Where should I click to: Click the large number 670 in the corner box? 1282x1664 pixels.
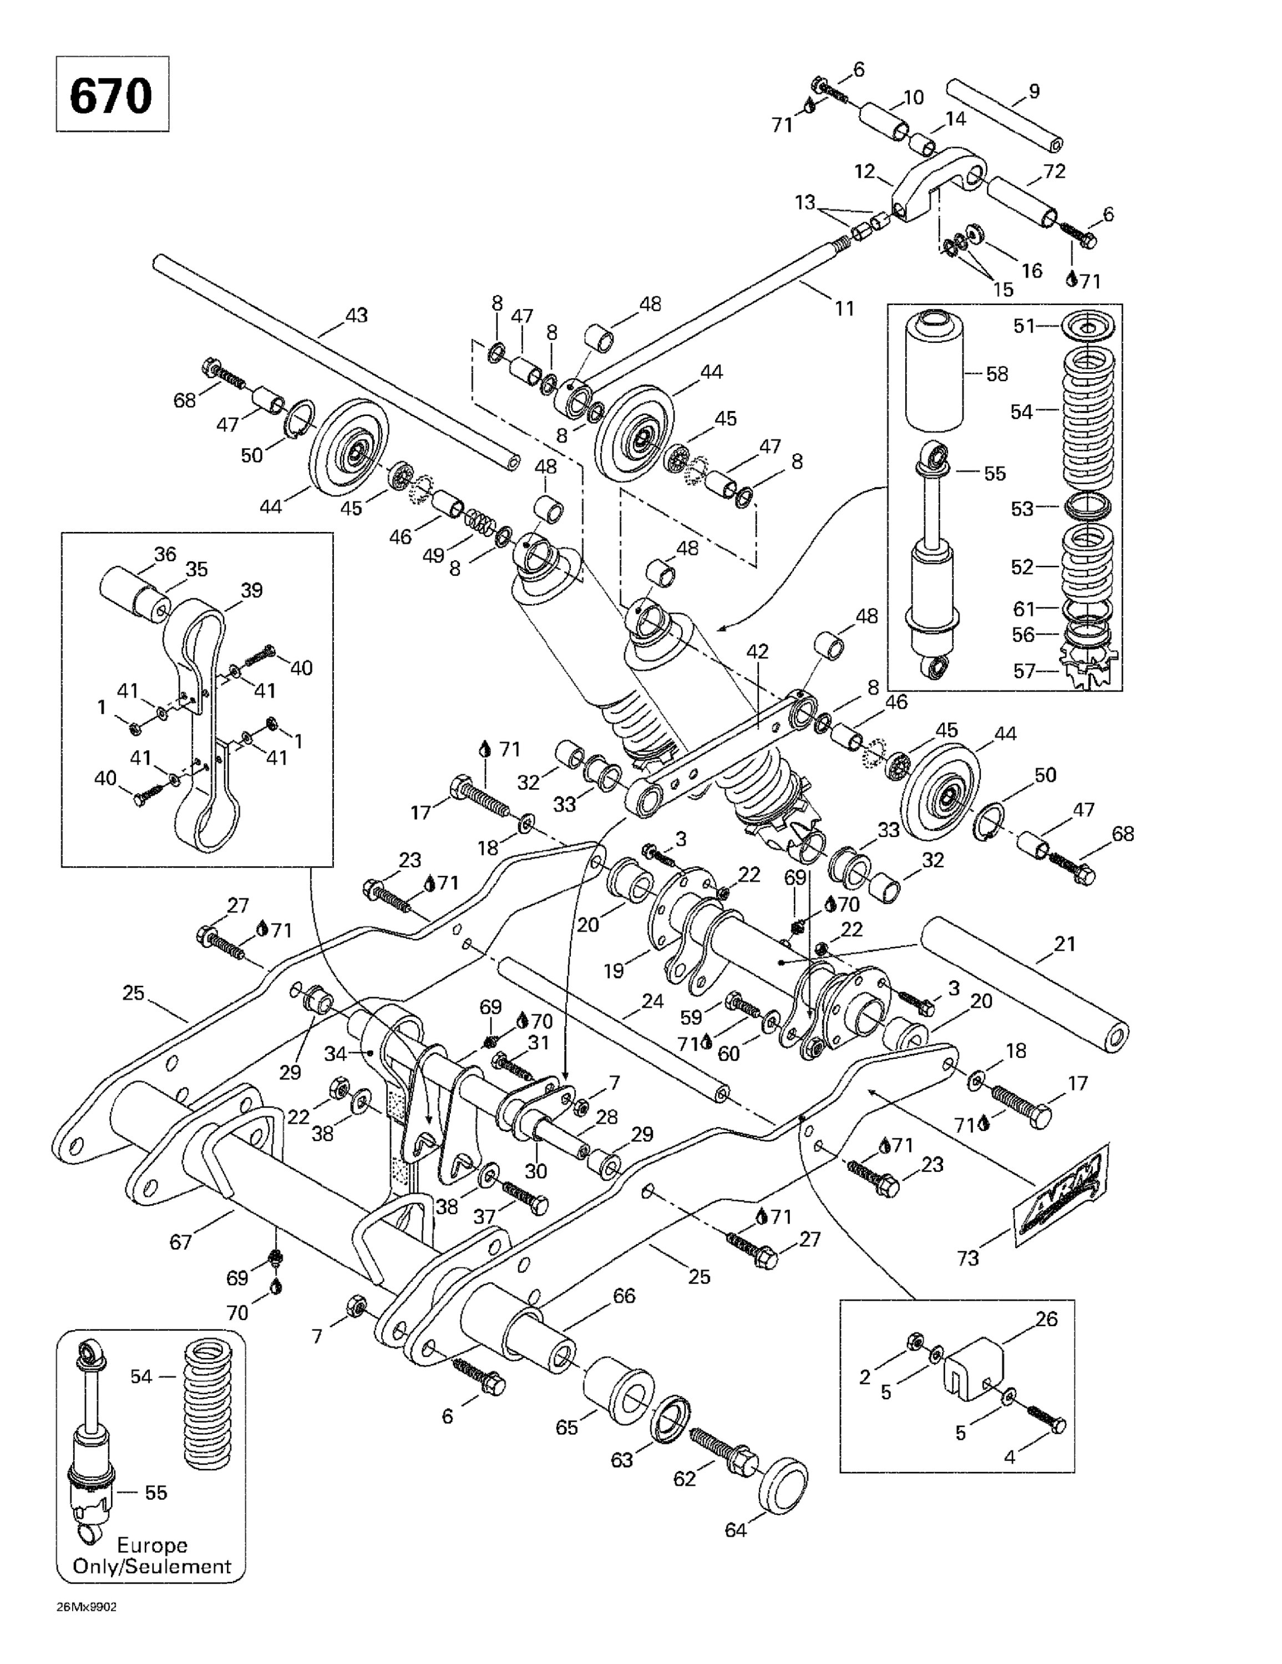(112, 95)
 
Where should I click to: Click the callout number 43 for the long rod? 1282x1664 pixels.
(356, 314)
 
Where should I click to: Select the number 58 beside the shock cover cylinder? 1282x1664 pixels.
(996, 373)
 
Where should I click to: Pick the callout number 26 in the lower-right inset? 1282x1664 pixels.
(1046, 1319)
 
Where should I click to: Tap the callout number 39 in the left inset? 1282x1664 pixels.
(251, 590)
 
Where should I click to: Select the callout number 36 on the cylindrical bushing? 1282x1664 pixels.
(165, 554)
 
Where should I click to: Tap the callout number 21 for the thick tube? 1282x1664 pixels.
(1064, 944)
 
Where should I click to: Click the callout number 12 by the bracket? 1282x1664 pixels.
(864, 171)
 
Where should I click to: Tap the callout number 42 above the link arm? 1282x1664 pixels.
(757, 651)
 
